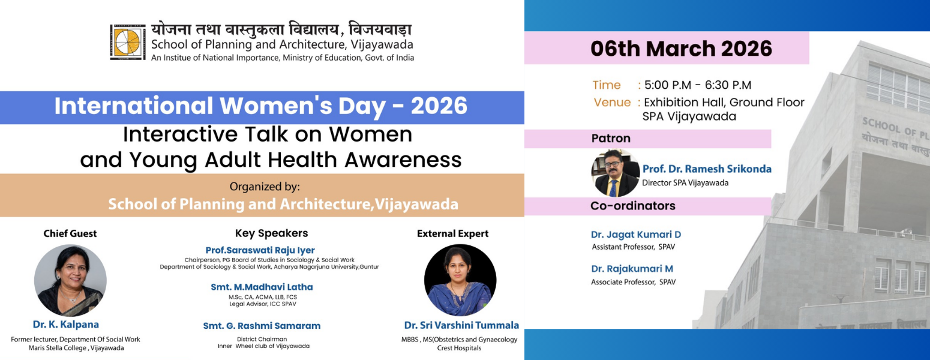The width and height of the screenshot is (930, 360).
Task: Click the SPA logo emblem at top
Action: click(128, 42)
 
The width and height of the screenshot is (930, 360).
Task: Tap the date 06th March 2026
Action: click(681, 48)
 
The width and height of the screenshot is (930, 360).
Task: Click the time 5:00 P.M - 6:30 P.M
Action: click(697, 85)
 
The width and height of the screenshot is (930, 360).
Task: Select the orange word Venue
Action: click(612, 103)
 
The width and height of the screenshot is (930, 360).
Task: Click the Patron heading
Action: click(611, 139)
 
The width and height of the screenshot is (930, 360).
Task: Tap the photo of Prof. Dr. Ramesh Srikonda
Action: click(616, 173)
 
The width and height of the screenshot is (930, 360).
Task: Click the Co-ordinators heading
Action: click(633, 206)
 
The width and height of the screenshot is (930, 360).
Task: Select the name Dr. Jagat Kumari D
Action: click(635, 235)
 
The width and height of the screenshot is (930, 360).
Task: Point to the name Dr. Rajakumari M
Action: click(632, 269)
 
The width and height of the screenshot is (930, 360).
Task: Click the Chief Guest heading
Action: click(70, 233)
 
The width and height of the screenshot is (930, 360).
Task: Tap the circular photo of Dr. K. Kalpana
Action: click(70, 280)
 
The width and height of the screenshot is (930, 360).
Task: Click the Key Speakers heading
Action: click(271, 233)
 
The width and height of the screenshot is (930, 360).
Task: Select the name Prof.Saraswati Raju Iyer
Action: click(260, 250)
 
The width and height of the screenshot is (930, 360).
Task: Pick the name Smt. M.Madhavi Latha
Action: click(262, 287)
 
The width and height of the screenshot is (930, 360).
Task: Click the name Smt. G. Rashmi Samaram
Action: click(262, 326)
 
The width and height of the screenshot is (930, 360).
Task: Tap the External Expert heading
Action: click(452, 233)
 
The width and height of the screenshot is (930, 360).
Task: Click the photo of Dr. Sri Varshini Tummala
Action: click(460, 280)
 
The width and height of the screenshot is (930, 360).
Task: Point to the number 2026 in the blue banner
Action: click(439, 106)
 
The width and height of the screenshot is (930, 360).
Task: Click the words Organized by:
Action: click(265, 187)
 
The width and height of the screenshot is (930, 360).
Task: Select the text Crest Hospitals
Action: click(459, 348)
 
